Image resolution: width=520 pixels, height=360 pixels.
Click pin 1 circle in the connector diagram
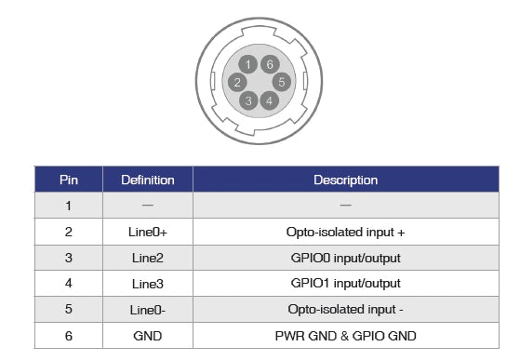[x=247, y=64]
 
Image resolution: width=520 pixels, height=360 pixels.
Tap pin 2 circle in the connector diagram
[x=237, y=83]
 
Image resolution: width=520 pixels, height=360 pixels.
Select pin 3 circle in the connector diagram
[x=247, y=100]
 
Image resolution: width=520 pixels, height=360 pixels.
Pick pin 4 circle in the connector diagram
[x=269, y=100]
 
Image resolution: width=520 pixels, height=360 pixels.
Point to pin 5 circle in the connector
[x=279, y=82]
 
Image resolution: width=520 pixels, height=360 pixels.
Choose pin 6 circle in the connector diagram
[x=269, y=64]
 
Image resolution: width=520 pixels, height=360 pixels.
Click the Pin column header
[x=69, y=180]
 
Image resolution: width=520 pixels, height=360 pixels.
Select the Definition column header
[x=148, y=180]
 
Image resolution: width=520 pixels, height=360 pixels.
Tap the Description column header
[x=345, y=180]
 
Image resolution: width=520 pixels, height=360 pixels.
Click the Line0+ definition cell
[x=148, y=232]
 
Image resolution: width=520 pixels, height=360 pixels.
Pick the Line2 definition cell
[x=148, y=258]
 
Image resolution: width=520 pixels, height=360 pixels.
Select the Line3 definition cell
[x=148, y=283]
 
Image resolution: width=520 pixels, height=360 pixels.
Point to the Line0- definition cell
[x=148, y=309]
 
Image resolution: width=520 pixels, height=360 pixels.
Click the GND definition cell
[x=148, y=335]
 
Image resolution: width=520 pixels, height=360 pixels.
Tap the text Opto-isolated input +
[x=345, y=232]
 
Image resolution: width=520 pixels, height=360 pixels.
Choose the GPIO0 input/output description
[x=345, y=258]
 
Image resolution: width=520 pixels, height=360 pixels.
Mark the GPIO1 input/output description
[x=345, y=283]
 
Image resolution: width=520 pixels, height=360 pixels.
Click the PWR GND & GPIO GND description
[x=345, y=335]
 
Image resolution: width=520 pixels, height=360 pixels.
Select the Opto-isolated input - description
[x=345, y=309]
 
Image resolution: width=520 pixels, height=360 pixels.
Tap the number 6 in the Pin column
[x=69, y=335]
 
